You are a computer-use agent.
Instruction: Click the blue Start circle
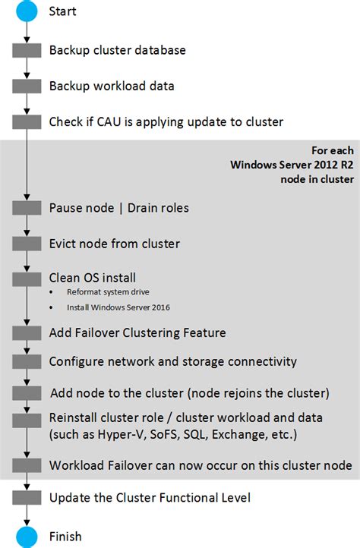(x=27, y=11)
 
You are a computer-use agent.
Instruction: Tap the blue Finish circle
(x=27, y=537)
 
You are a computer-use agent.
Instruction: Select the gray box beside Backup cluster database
(x=27, y=50)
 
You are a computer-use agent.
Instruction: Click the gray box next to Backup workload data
(x=27, y=87)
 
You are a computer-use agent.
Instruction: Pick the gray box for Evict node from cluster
(x=27, y=244)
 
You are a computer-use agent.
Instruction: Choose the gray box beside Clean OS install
(x=27, y=279)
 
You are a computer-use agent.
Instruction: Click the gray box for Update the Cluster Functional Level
(x=27, y=498)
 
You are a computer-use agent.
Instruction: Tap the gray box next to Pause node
(x=27, y=208)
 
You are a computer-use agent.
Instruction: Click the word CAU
(x=109, y=122)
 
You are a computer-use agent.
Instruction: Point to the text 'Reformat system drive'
(x=108, y=291)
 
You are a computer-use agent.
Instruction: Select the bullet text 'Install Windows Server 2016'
(x=118, y=307)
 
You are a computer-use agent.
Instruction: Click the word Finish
(x=65, y=537)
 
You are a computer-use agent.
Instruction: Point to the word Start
(x=62, y=11)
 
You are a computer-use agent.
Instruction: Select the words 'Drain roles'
(x=158, y=208)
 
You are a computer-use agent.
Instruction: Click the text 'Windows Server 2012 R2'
(x=292, y=165)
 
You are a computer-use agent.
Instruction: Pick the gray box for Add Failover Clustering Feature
(x=27, y=333)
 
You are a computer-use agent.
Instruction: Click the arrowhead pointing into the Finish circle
(x=27, y=523)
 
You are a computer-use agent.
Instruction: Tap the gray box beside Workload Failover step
(x=27, y=465)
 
